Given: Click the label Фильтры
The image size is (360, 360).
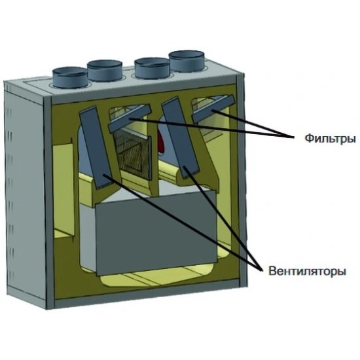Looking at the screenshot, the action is pyautogui.click(x=330, y=139).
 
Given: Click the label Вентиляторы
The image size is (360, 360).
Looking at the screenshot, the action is pyautogui.click(x=307, y=271).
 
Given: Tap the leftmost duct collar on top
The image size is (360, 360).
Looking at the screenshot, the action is pyautogui.click(x=70, y=77).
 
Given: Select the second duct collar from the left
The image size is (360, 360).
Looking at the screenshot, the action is pyautogui.click(x=105, y=70).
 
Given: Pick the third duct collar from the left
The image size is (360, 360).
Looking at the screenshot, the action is pyautogui.click(x=152, y=68).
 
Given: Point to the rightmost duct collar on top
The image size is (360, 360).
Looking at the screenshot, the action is pyautogui.click(x=187, y=61).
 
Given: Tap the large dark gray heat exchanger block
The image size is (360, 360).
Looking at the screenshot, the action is pyautogui.click(x=156, y=232).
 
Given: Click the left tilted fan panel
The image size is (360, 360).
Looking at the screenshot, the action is pyautogui.click(x=96, y=147).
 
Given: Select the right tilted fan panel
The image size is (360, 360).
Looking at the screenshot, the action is pyautogui.click(x=181, y=137).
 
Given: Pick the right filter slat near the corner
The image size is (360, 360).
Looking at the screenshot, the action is pyautogui.click(x=213, y=109).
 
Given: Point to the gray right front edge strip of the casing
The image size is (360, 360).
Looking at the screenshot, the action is pyautogui.click(x=241, y=181).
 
